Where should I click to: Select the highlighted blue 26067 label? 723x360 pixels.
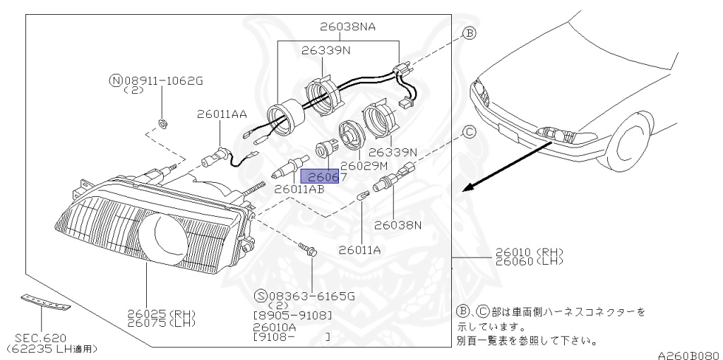[323, 176]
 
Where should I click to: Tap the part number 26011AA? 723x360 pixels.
[222, 113]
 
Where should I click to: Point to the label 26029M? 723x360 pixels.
[364, 166]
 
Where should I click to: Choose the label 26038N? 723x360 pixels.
[398, 226]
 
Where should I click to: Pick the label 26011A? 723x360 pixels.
[361, 249]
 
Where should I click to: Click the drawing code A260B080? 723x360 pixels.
[688, 354]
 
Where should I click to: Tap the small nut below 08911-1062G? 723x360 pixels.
[162, 124]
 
